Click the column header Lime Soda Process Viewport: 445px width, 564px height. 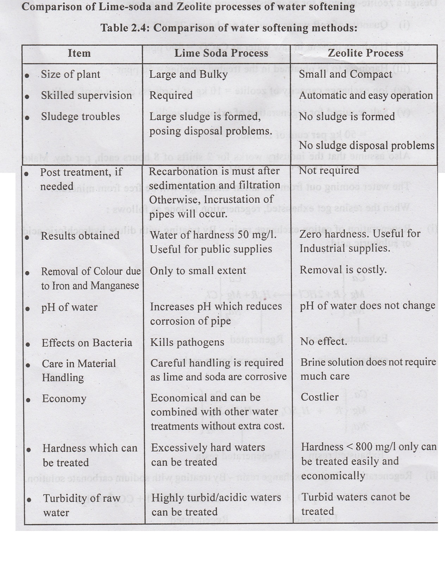pyautogui.click(x=221, y=53)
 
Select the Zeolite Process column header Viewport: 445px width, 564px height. pyautogui.click(x=365, y=53)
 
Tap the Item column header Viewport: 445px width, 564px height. pyautogui.click(x=79, y=53)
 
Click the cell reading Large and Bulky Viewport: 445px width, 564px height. pyautogui.click(x=188, y=74)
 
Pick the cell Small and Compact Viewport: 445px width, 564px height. pyautogui.click(x=345, y=74)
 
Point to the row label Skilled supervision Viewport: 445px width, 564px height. pyautogui.click(x=86, y=95)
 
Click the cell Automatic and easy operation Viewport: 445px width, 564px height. pyautogui.click(x=366, y=95)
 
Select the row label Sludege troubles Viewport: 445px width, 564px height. pyautogui.click(x=80, y=117)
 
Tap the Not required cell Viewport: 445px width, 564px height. pyautogui.click(x=329, y=170)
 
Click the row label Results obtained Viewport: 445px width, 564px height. pyautogui.click(x=80, y=236)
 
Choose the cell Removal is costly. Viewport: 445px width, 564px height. pyautogui.click(x=343, y=270)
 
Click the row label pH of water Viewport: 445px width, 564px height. pyautogui.click(x=69, y=307)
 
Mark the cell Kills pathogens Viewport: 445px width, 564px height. pyautogui.click(x=187, y=342)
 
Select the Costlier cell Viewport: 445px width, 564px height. pyautogui.click(x=319, y=397)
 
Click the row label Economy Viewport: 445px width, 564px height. pyautogui.click(x=64, y=399)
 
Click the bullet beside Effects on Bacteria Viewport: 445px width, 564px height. pyautogui.click(x=28, y=344)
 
